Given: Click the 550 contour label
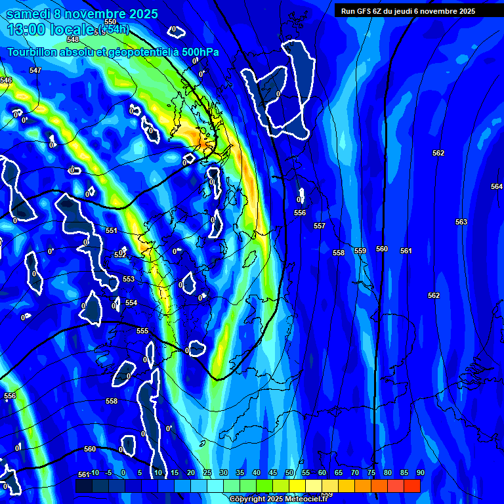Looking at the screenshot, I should pos(110,22).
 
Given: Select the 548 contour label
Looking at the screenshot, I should pos(73,39).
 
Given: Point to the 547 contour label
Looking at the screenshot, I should pos(35,70).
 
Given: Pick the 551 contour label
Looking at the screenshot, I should pos(112,230).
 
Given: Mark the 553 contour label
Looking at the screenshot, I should pos(129,279).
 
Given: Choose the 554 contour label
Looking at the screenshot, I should pos(131,303).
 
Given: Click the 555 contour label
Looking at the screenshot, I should pos(142,331).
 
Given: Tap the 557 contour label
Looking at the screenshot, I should pos(320,226).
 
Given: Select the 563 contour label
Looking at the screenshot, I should pos(461,222).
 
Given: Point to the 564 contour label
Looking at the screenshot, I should pos(497,186).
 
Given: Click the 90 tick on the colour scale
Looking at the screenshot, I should pos(420,472).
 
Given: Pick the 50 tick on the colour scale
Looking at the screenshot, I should pos(289,472).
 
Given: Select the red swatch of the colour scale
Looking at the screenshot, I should pos(412,486).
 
